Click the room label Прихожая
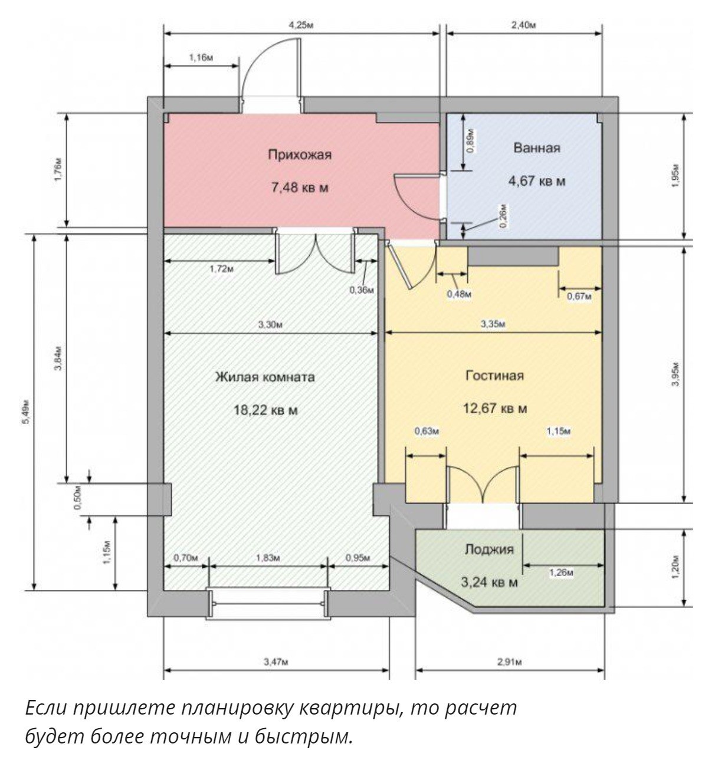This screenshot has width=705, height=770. [x=299, y=155]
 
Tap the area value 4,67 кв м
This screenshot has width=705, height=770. [x=537, y=181]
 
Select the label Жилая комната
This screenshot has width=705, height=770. [x=265, y=377]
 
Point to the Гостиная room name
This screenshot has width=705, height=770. [x=494, y=376]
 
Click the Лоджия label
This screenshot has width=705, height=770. [x=489, y=549]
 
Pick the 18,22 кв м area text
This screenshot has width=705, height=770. [x=266, y=410]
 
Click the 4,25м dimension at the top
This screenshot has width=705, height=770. [x=301, y=26]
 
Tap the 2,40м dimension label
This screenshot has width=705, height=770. [x=524, y=26]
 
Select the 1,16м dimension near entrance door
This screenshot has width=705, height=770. [x=201, y=58]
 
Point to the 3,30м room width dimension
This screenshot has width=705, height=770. [x=270, y=325]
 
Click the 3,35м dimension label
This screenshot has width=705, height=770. [x=493, y=324]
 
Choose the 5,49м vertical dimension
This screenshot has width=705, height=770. [x=25, y=413]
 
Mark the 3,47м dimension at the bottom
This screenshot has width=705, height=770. [x=276, y=662]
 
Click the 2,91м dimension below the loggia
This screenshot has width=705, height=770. [x=510, y=662]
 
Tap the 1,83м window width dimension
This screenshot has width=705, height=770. [x=268, y=558]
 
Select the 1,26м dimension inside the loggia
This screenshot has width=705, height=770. [x=561, y=573]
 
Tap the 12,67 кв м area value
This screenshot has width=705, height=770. [x=496, y=409]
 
